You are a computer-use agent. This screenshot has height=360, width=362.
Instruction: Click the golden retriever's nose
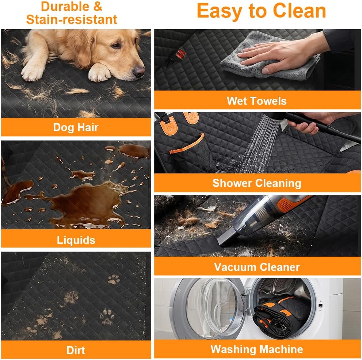[139, 72]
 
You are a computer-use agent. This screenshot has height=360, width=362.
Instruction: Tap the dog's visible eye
[115, 45]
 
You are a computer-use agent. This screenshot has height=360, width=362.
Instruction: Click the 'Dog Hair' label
[76, 127]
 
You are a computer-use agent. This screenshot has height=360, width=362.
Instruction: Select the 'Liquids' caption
[76, 240]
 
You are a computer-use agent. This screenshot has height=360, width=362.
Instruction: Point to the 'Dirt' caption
[76, 350]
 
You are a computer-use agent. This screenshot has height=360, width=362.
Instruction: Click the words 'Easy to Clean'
[261, 11]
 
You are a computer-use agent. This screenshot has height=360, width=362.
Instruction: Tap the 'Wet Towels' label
[257, 101]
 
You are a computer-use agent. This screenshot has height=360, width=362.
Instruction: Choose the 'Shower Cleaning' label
[257, 183]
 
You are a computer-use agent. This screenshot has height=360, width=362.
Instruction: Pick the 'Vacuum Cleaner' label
[257, 267]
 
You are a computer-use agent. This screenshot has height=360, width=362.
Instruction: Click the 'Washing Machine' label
[257, 349]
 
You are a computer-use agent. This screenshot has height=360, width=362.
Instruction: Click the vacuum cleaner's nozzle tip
[222, 243]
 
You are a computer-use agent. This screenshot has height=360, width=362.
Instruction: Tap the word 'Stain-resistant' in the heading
[72, 19]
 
